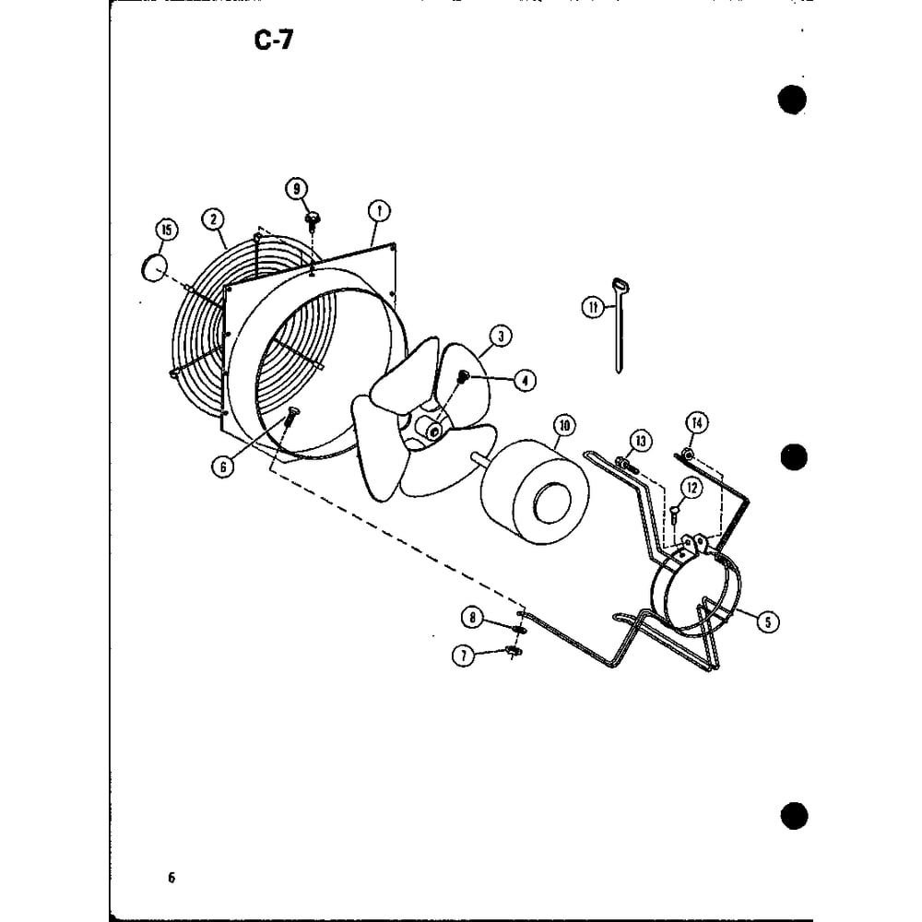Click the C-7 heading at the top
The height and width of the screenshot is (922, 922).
(274, 40)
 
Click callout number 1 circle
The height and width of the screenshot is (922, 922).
(379, 211)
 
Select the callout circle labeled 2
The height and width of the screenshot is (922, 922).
(213, 219)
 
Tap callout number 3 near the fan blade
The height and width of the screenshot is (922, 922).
(501, 337)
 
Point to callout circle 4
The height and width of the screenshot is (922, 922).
(525, 381)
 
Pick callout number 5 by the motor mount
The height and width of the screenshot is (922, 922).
(767, 621)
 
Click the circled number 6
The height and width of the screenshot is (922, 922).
(223, 467)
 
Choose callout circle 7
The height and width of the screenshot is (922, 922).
(464, 655)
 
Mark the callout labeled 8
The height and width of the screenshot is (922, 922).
(472, 618)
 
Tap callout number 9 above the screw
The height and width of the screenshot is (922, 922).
(296, 189)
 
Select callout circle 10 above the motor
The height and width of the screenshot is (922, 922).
(564, 425)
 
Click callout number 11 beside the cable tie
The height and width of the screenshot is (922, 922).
(593, 307)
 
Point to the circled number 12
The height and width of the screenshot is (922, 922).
(691, 488)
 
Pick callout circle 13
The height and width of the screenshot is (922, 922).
(641, 441)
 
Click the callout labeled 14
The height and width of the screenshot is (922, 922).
(697, 423)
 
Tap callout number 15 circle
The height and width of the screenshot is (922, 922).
(166, 230)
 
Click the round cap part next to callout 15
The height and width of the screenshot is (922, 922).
(154, 268)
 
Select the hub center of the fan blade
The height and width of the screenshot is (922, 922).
(434, 432)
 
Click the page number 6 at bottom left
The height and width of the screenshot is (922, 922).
(171, 878)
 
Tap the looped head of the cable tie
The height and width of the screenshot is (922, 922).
(621, 287)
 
